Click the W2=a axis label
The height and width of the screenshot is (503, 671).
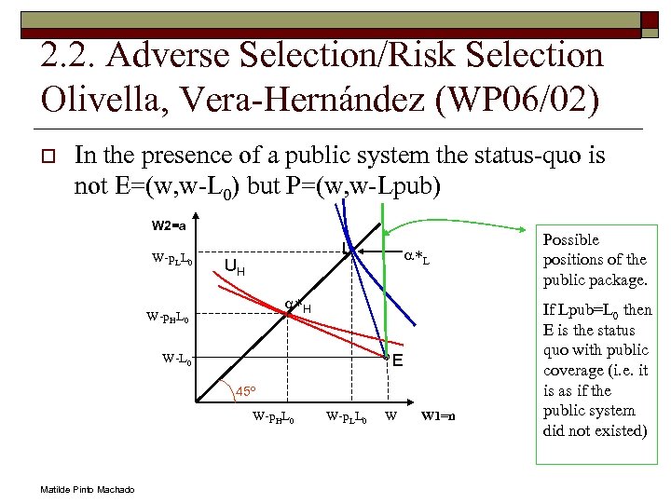169,224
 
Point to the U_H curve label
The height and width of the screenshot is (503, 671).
234,268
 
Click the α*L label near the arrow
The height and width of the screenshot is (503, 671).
415,254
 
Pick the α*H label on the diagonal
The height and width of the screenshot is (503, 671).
297,305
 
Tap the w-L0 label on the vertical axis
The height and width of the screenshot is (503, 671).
177,358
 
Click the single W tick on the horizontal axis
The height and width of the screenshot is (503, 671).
390,415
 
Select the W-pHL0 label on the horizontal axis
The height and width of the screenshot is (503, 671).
274,416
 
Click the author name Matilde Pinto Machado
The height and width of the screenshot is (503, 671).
88,490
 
